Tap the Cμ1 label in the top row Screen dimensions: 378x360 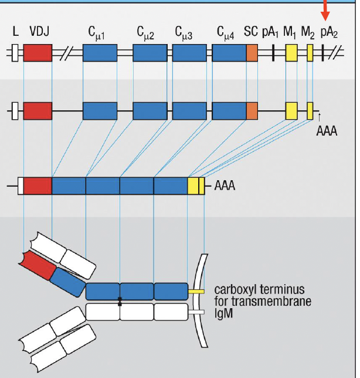click(99, 32)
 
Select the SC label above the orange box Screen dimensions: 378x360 click(251, 32)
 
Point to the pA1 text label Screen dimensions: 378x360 click(270, 32)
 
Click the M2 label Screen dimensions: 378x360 click(308, 32)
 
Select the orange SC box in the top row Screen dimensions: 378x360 click(252, 53)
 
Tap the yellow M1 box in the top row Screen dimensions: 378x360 click(291, 53)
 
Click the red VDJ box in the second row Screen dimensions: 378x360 click(38, 110)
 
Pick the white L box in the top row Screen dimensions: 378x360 click(15, 53)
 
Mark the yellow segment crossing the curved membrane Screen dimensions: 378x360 click(196, 291)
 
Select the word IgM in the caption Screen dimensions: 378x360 click(223, 315)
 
